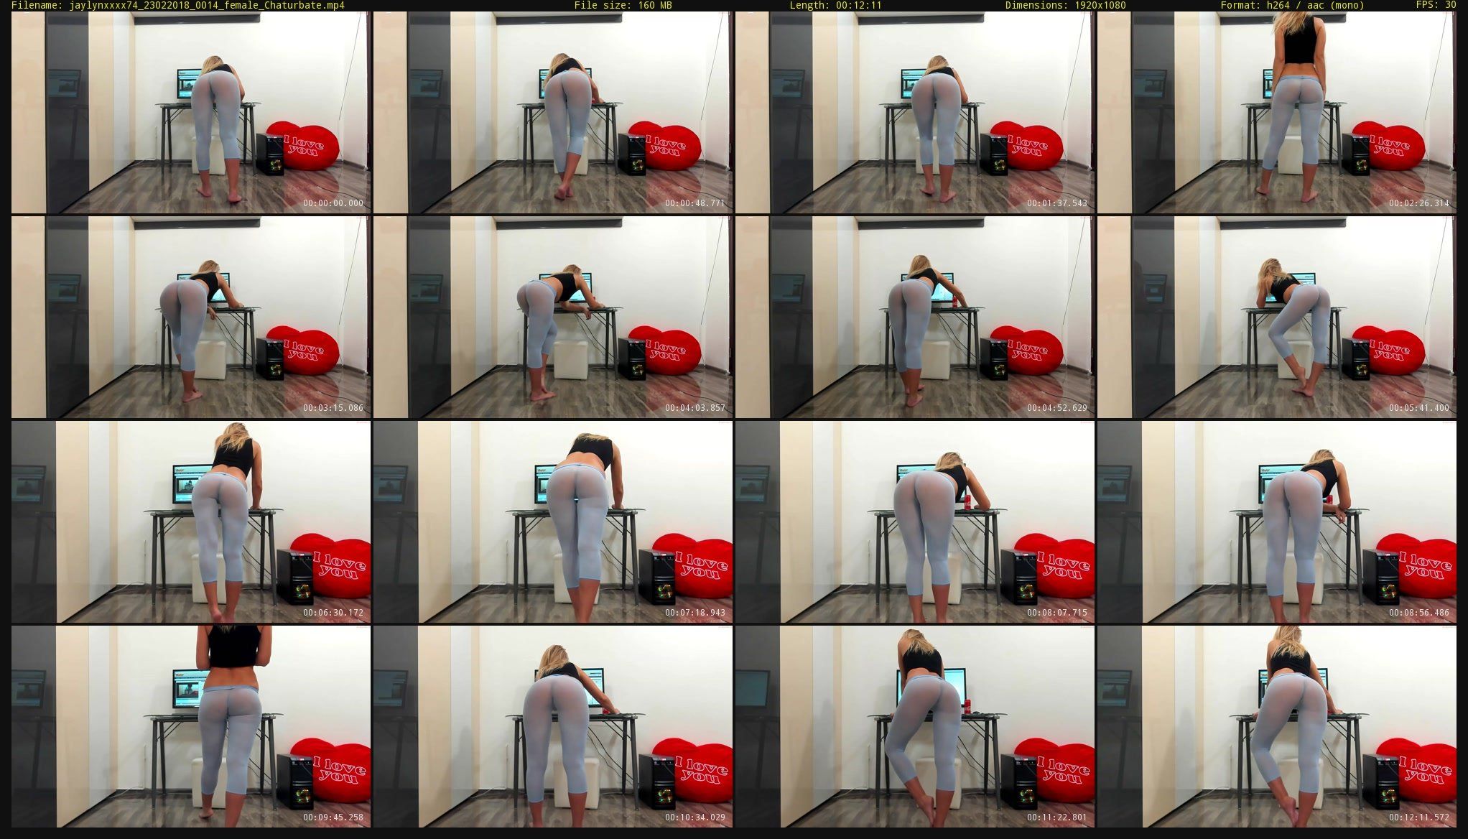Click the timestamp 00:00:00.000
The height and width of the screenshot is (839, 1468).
tap(333, 203)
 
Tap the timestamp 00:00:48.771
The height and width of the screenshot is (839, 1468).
tap(695, 203)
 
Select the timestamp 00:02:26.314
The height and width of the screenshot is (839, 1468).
tap(1419, 203)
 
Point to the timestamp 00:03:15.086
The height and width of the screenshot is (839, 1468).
tap(333, 408)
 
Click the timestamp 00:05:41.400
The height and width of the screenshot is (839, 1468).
tap(1419, 408)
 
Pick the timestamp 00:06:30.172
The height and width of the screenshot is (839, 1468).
tap(333, 613)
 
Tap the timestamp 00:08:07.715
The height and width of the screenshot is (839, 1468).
tap(1057, 613)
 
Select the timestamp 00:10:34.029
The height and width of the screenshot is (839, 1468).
tap(695, 817)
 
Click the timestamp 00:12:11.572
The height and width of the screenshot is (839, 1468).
tap(1419, 817)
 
